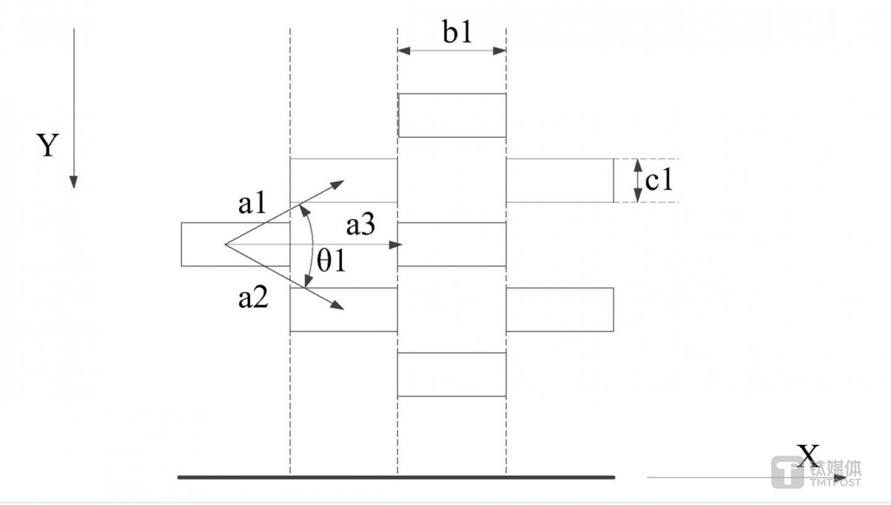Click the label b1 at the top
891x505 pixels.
(x=457, y=33)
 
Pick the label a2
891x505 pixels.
(x=253, y=300)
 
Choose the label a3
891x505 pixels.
(x=360, y=226)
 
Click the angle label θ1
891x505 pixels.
(x=330, y=262)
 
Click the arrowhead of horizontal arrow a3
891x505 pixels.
(x=397, y=245)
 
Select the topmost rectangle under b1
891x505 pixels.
(x=452, y=115)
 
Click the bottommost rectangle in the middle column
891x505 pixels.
(x=452, y=374)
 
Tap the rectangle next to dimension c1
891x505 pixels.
(x=560, y=180)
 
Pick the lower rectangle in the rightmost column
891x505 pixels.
(x=560, y=309)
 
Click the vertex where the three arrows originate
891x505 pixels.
(x=225, y=245)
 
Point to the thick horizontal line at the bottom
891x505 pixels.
(x=396, y=477)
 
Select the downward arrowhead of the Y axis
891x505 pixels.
(x=74, y=182)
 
